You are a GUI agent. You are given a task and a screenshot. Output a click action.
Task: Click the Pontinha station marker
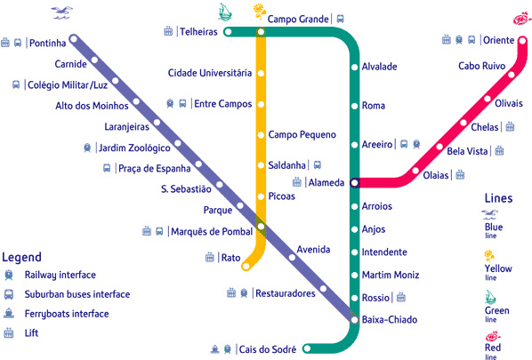pyautogui.click(x=74, y=39)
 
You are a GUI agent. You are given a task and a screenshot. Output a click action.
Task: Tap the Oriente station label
pyautogui.click(x=498, y=40)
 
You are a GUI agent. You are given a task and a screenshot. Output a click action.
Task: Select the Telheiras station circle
pyautogui.click(x=228, y=32)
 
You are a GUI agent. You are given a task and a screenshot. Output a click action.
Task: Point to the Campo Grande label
pyautogui.click(x=298, y=19)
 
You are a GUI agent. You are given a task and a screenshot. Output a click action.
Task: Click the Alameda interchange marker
pyautogui.click(x=355, y=183)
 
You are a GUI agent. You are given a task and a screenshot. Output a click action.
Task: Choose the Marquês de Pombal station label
pyautogui.click(x=212, y=231)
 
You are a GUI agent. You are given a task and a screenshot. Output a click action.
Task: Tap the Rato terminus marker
pyautogui.click(x=246, y=267)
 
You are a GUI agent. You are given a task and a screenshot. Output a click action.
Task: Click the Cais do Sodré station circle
pyautogui.click(x=307, y=348)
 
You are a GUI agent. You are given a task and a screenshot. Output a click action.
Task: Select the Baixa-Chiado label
pyautogui.click(x=390, y=320)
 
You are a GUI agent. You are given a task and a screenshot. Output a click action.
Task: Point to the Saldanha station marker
pyautogui.click(x=261, y=165)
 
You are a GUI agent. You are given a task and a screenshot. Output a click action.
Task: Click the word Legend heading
pyautogui.click(x=21, y=257)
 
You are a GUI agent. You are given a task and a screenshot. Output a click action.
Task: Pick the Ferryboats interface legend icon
pyautogui.click(x=9, y=313)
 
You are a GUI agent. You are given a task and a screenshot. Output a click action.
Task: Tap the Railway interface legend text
pyautogui.click(x=60, y=275)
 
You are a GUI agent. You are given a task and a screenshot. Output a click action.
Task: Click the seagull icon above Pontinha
pyautogui.click(x=61, y=12)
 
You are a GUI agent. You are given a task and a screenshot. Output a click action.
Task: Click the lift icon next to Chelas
pyautogui.click(x=510, y=127)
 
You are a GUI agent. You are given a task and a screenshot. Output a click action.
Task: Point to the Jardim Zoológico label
pyautogui.click(x=134, y=148)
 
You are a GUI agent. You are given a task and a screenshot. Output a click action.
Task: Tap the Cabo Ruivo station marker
pyautogui.click(x=512, y=75)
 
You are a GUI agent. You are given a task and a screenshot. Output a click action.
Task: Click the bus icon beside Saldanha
pyautogui.click(x=318, y=165)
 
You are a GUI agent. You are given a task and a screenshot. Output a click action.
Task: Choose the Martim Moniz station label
pyautogui.click(x=391, y=275)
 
